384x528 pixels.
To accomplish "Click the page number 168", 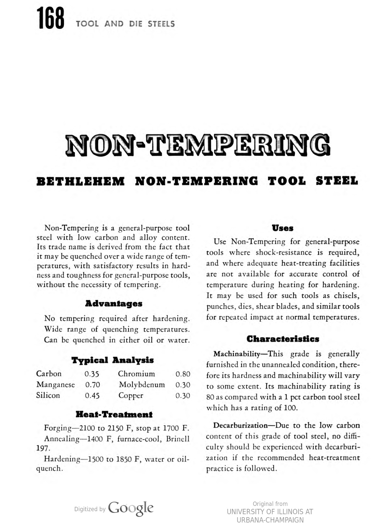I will [51, 19].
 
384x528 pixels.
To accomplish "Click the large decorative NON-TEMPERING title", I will [198, 145].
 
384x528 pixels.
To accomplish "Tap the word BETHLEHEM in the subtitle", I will [80, 181].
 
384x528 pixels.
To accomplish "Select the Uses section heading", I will [282, 228].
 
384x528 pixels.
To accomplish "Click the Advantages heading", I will [114, 304].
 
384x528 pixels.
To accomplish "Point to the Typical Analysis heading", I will [112, 360].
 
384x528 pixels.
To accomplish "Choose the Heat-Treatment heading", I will [114, 414].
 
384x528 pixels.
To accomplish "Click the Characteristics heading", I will [283, 339].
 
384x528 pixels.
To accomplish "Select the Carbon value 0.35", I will [92, 374].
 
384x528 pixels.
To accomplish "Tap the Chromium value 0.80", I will [183, 374].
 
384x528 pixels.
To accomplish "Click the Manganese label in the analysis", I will [56, 385].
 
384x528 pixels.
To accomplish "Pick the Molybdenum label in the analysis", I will [142, 385].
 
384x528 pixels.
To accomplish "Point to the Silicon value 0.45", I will [92, 396].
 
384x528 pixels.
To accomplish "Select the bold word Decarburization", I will [240, 425].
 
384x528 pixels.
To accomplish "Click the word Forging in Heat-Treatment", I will [58, 428].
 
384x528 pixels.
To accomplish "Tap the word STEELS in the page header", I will [161, 24].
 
